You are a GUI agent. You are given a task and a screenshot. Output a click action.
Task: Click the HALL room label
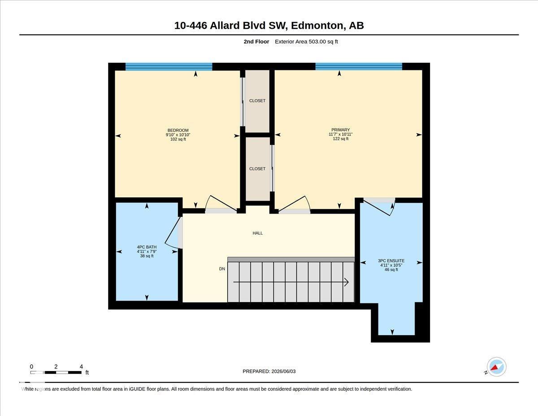[257, 233]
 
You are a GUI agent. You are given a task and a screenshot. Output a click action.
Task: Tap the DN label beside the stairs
[222, 269]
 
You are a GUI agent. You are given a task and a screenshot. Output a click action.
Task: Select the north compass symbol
[496, 367]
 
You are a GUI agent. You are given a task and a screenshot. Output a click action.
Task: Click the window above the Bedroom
[169, 66]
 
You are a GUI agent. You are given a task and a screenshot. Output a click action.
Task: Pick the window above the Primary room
[359, 66]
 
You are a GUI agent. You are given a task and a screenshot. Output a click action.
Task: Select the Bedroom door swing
[220, 204]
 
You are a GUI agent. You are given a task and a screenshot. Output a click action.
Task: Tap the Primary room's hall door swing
[294, 204]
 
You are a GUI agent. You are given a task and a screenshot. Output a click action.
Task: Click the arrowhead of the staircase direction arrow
[347, 282]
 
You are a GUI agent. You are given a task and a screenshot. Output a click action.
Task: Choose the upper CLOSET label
[257, 101]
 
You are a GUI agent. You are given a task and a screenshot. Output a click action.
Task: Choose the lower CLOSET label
[257, 169]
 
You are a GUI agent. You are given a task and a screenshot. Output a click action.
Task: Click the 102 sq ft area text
[178, 139]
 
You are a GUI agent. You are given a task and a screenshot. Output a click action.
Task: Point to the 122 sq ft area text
[341, 139]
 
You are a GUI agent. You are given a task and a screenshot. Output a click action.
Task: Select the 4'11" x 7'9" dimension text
[147, 251]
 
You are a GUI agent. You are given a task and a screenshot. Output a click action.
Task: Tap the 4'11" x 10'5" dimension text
[391, 265]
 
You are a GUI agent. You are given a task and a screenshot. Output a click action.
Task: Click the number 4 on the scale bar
[81, 367]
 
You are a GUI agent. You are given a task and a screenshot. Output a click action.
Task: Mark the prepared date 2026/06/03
[283, 372]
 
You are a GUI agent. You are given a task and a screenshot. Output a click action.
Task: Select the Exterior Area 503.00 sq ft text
[306, 42]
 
